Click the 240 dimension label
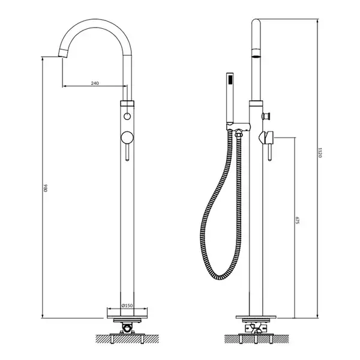pos(95,83)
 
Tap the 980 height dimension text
pos(45,187)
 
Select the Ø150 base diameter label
pos(127,305)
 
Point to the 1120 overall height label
pos(320,153)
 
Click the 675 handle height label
pos(298,220)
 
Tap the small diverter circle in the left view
pos(127,116)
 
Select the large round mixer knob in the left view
pos(127,138)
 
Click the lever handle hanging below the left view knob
pos(127,152)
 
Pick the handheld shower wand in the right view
pos(230,98)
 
